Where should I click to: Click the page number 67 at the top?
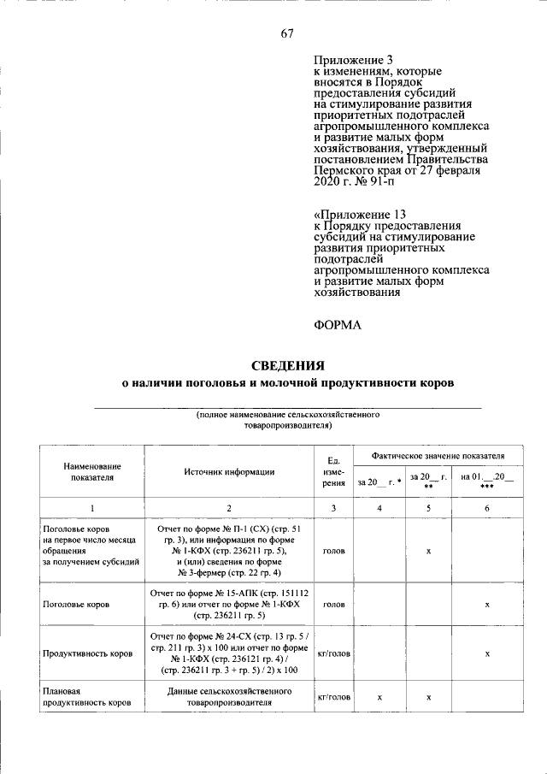point(287,34)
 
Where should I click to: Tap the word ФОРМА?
point(338,325)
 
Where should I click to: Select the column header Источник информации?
point(228,471)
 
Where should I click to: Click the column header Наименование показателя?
point(91,471)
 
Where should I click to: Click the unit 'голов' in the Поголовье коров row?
point(333,604)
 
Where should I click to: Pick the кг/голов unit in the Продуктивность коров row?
point(333,653)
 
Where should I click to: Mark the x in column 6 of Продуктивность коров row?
point(486,653)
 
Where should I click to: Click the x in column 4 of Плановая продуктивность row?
point(379,698)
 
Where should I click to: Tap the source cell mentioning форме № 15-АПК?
point(228,604)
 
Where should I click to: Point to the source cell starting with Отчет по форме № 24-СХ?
point(228,653)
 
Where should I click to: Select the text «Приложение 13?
point(360,214)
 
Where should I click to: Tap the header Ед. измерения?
point(333,471)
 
